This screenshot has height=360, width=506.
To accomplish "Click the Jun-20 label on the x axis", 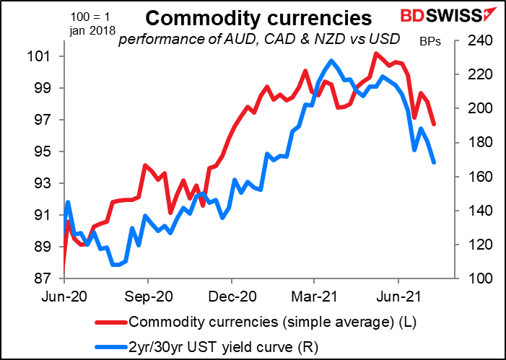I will click(64, 295).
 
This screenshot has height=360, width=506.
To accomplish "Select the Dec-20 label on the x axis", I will click(231, 295).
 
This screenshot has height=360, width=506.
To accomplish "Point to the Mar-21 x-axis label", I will click(313, 295).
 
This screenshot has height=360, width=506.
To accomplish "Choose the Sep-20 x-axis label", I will click(148, 295).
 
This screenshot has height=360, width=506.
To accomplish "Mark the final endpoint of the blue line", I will click(434, 162).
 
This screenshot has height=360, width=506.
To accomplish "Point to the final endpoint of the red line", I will click(434, 124).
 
